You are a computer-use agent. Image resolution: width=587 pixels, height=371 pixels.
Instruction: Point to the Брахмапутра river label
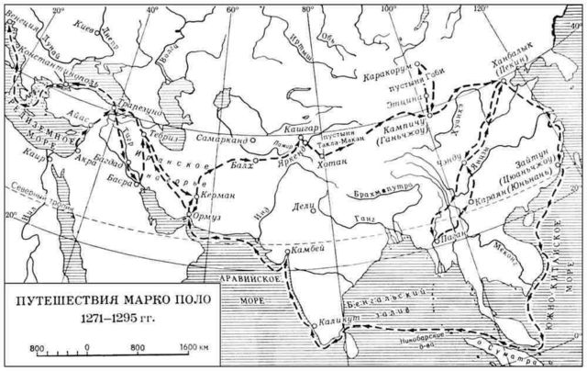[x=379, y=195]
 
